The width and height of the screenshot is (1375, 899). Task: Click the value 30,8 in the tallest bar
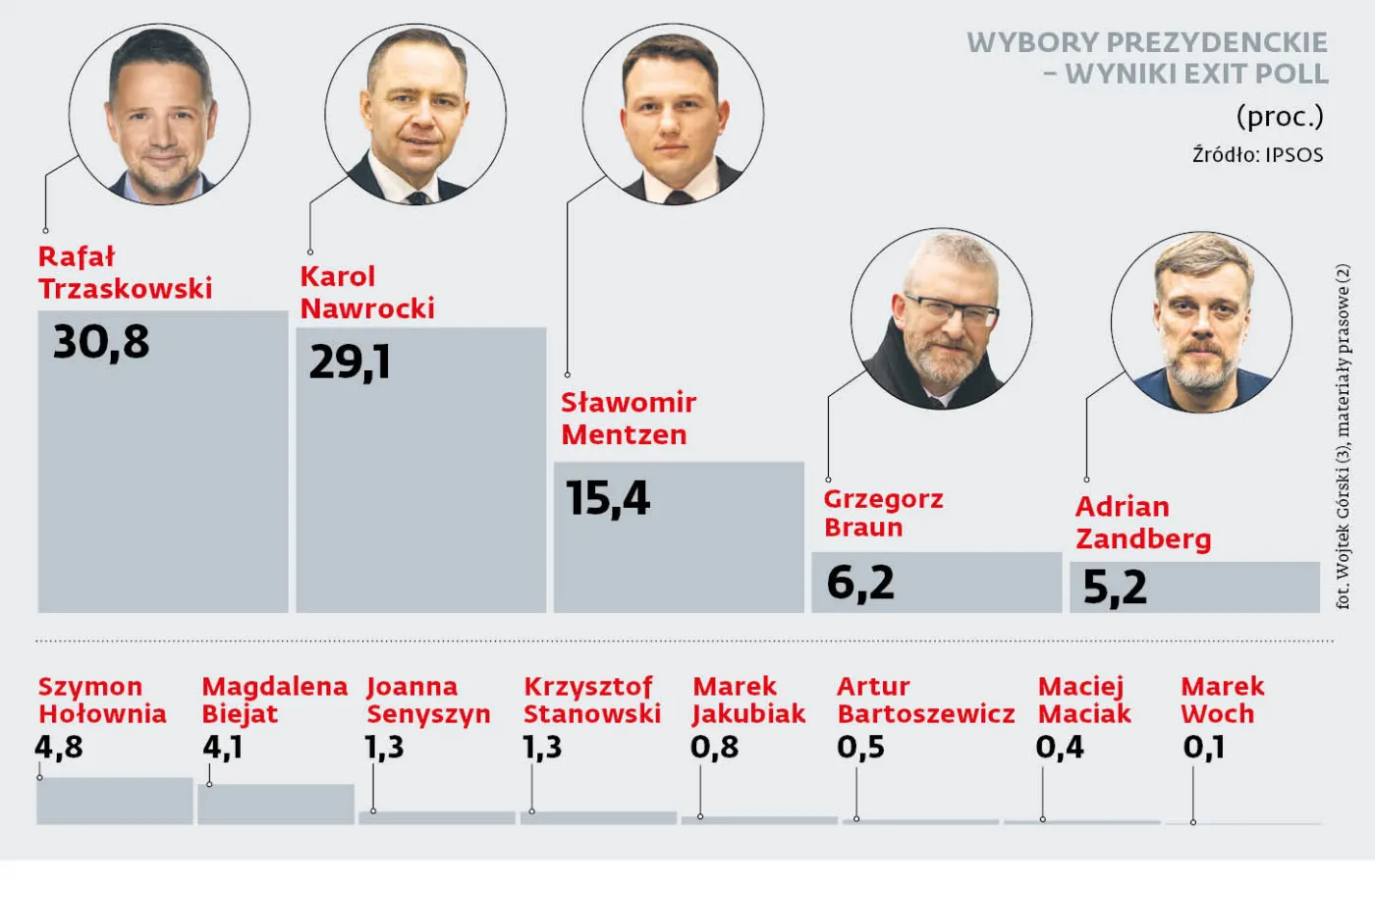coord(101,342)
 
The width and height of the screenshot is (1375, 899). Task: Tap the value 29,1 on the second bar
coord(350,363)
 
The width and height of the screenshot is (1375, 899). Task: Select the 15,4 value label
coord(608,498)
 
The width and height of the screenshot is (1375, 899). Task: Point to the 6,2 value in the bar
coord(860,583)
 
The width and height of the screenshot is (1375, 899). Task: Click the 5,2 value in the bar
coord(1115,588)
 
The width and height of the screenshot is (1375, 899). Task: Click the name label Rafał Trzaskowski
coord(125,272)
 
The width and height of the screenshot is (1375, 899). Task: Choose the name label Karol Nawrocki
coord(366,292)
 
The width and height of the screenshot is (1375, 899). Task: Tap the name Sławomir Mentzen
coord(628,418)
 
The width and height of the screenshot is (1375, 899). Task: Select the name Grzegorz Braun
coord(882,513)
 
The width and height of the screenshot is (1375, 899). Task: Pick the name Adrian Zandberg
coord(1142,522)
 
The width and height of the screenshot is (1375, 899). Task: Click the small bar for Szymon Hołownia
coord(115,801)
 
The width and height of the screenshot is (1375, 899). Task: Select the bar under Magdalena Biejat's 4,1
coord(276,804)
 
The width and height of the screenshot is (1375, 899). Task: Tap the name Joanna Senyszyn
coord(427,700)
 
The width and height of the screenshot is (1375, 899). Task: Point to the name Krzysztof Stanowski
coord(591,700)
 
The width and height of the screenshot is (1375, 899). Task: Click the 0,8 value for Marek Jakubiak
coord(714,748)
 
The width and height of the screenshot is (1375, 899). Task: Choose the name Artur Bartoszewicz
coord(925,700)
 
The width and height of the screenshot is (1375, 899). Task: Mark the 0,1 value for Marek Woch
coord(1203,748)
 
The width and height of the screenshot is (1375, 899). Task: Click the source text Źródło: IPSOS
coord(1257,155)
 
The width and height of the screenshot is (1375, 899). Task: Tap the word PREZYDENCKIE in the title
coord(1218,42)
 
